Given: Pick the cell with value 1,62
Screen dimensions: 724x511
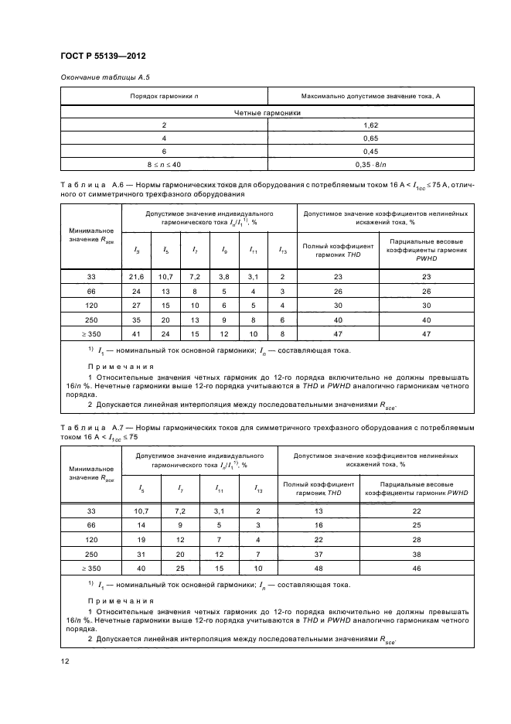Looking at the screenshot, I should point(370,125).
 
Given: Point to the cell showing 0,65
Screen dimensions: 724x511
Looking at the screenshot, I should point(370,138).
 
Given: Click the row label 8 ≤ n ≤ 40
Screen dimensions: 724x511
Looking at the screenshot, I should point(164,164).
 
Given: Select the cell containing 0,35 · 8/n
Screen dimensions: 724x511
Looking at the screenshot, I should point(370,164).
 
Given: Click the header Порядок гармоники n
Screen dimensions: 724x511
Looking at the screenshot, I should point(164,96).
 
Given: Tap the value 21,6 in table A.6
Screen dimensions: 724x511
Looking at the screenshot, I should point(137,276).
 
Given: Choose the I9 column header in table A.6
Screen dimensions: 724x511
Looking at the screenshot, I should point(224,250).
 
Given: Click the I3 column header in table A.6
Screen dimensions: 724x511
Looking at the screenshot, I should point(137,250).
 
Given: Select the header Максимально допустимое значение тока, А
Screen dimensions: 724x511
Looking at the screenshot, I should point(370,96).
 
